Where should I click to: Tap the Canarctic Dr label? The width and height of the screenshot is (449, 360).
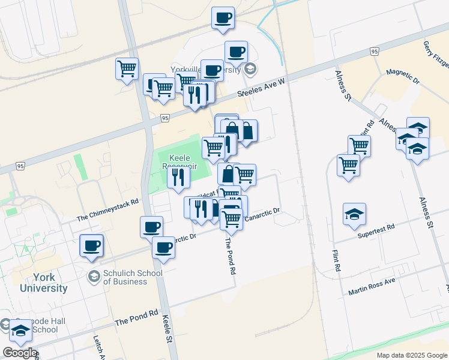click(x=262, y=214)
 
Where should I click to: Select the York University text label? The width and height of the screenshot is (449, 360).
click(x=44, y=283)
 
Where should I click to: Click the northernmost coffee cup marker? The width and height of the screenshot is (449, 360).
click(x=223, y=17)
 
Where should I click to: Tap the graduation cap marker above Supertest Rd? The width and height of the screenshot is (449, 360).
click(x=354, y=214)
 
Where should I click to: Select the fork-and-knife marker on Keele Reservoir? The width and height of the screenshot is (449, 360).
click(x=178, y=177)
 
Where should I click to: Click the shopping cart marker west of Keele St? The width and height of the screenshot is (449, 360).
click(x=127, y=68)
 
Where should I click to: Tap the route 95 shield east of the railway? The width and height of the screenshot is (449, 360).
click(x=375, y=52)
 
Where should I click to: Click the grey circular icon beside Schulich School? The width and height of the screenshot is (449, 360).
click(x=94, y=277)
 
